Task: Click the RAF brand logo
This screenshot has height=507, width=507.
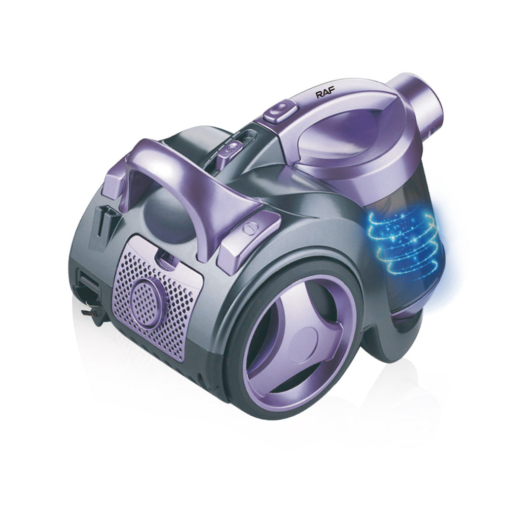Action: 325,94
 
